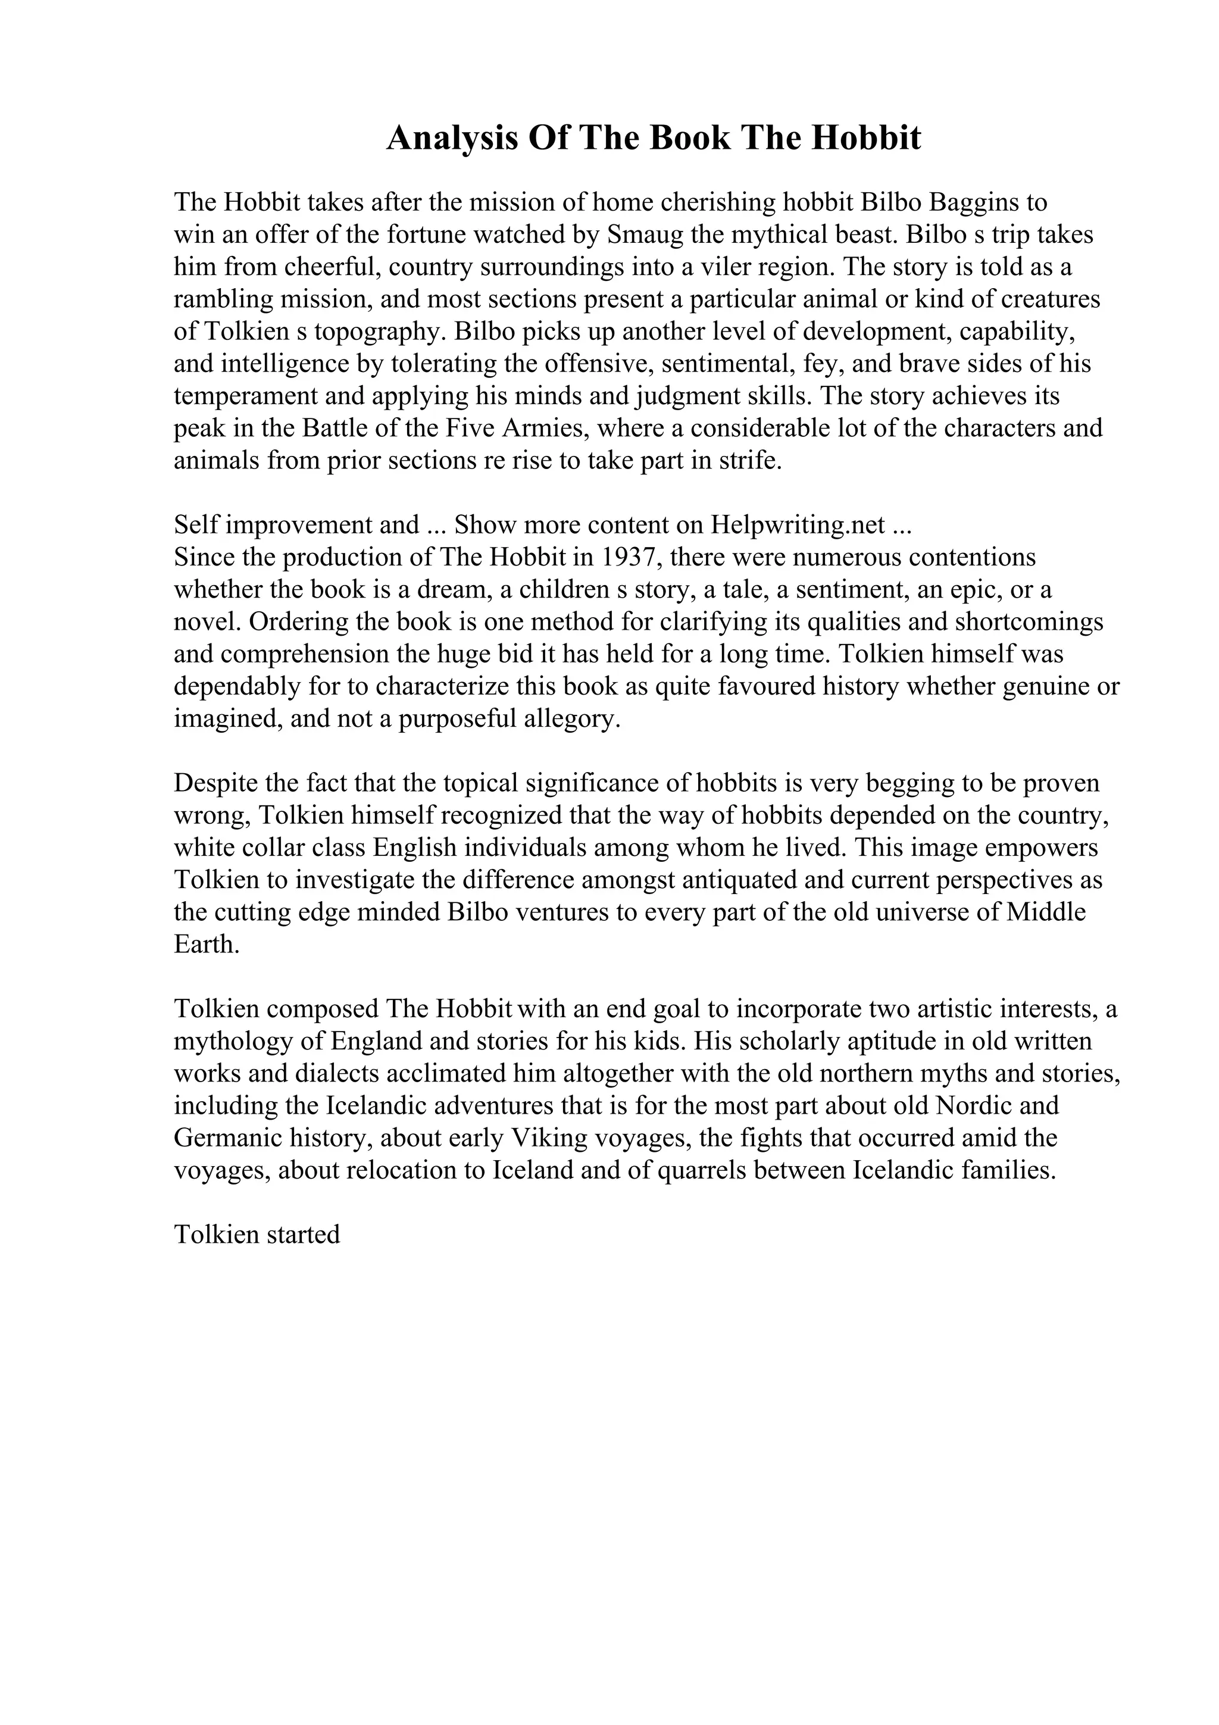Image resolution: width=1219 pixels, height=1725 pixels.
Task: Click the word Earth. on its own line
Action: coord(207,945)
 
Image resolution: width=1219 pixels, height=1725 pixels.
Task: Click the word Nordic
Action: coord(976,1106)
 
